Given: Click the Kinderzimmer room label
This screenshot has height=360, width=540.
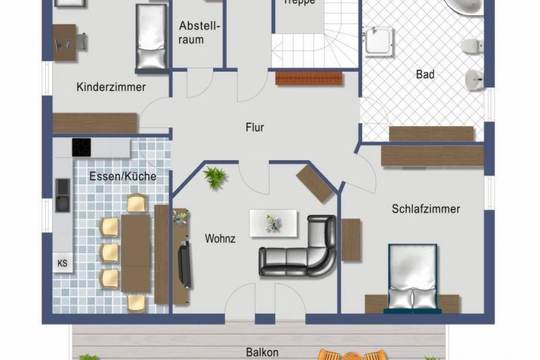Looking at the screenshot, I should [111, 87].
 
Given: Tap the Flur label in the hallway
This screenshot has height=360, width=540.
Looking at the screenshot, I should [255, 127].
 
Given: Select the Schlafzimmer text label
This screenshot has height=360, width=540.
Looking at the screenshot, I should [425, 209].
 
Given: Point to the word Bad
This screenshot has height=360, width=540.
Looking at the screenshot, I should [425, 75].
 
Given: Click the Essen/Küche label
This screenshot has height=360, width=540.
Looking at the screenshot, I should [123, 176].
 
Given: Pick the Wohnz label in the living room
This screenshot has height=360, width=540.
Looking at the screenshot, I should [220, 239].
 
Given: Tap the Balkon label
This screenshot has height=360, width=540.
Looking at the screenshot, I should [262, 352].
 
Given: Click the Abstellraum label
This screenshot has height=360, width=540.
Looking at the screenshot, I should [199, 33].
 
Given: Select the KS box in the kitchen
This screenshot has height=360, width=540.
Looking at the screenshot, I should [62, 263].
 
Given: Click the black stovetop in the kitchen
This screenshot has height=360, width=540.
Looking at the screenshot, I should [82, 147].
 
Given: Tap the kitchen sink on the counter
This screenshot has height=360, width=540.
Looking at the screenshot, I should [62, 194].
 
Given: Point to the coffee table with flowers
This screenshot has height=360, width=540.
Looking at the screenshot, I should [273, 223].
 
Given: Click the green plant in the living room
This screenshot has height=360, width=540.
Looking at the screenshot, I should [215, 176].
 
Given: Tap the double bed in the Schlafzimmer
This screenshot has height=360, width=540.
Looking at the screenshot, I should [413, 278].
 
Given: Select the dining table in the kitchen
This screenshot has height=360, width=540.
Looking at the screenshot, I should [136, 249].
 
